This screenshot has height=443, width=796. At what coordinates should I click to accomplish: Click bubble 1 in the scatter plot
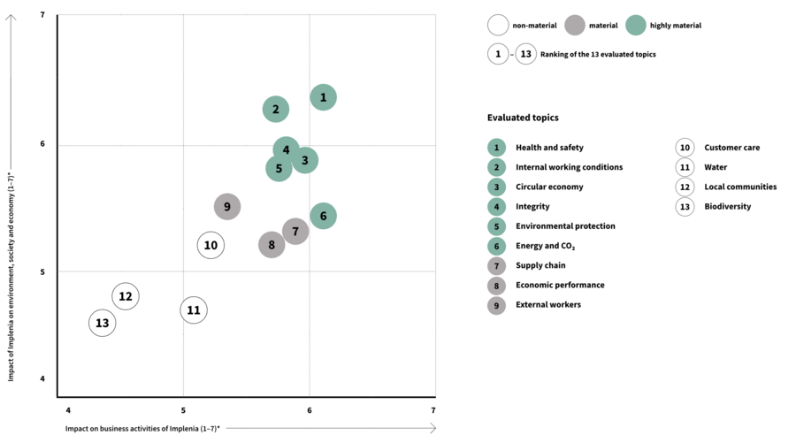click(x=323, y=97)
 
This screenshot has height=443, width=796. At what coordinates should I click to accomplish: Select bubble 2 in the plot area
click(x=276, y=110)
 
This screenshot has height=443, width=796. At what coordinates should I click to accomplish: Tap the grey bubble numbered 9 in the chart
click(x=227, y=207)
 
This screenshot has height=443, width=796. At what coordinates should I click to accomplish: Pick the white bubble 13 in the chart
click(x=103, y=323)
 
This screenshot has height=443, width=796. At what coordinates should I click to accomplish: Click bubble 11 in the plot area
click(x=194, y=310)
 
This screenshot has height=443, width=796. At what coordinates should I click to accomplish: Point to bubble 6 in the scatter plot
click(x=323, y=216)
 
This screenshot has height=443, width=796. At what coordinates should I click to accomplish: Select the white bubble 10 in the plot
click(x=210, y=245)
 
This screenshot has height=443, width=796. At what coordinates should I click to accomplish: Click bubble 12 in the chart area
click(x=126, y=296)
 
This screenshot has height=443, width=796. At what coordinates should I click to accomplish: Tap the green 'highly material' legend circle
click(x=636, y=26)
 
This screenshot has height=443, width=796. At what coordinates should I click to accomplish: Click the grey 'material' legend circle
click(x=575, y=26)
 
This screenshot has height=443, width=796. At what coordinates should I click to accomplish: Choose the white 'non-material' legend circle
click(x=498, y=26)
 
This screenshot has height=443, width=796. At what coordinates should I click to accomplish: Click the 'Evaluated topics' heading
click(x=523, y=118)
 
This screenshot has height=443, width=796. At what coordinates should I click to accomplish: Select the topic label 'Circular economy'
click(x=549, y=187)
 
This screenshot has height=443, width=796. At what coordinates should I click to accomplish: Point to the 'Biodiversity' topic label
click(x=727, y=206)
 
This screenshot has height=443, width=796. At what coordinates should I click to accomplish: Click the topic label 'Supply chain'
click(x=540, y=265)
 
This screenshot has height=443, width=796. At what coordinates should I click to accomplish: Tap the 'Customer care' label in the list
click(x=731, y=148)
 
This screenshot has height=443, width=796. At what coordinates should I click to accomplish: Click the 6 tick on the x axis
click(x=310, y=410)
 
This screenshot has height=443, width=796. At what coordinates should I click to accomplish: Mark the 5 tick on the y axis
click(x=43, y=271)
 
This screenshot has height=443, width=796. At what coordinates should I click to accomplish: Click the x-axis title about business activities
click(x=142, y=428)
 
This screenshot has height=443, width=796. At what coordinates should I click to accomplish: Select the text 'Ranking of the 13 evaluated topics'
click(x=598, y=54)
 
